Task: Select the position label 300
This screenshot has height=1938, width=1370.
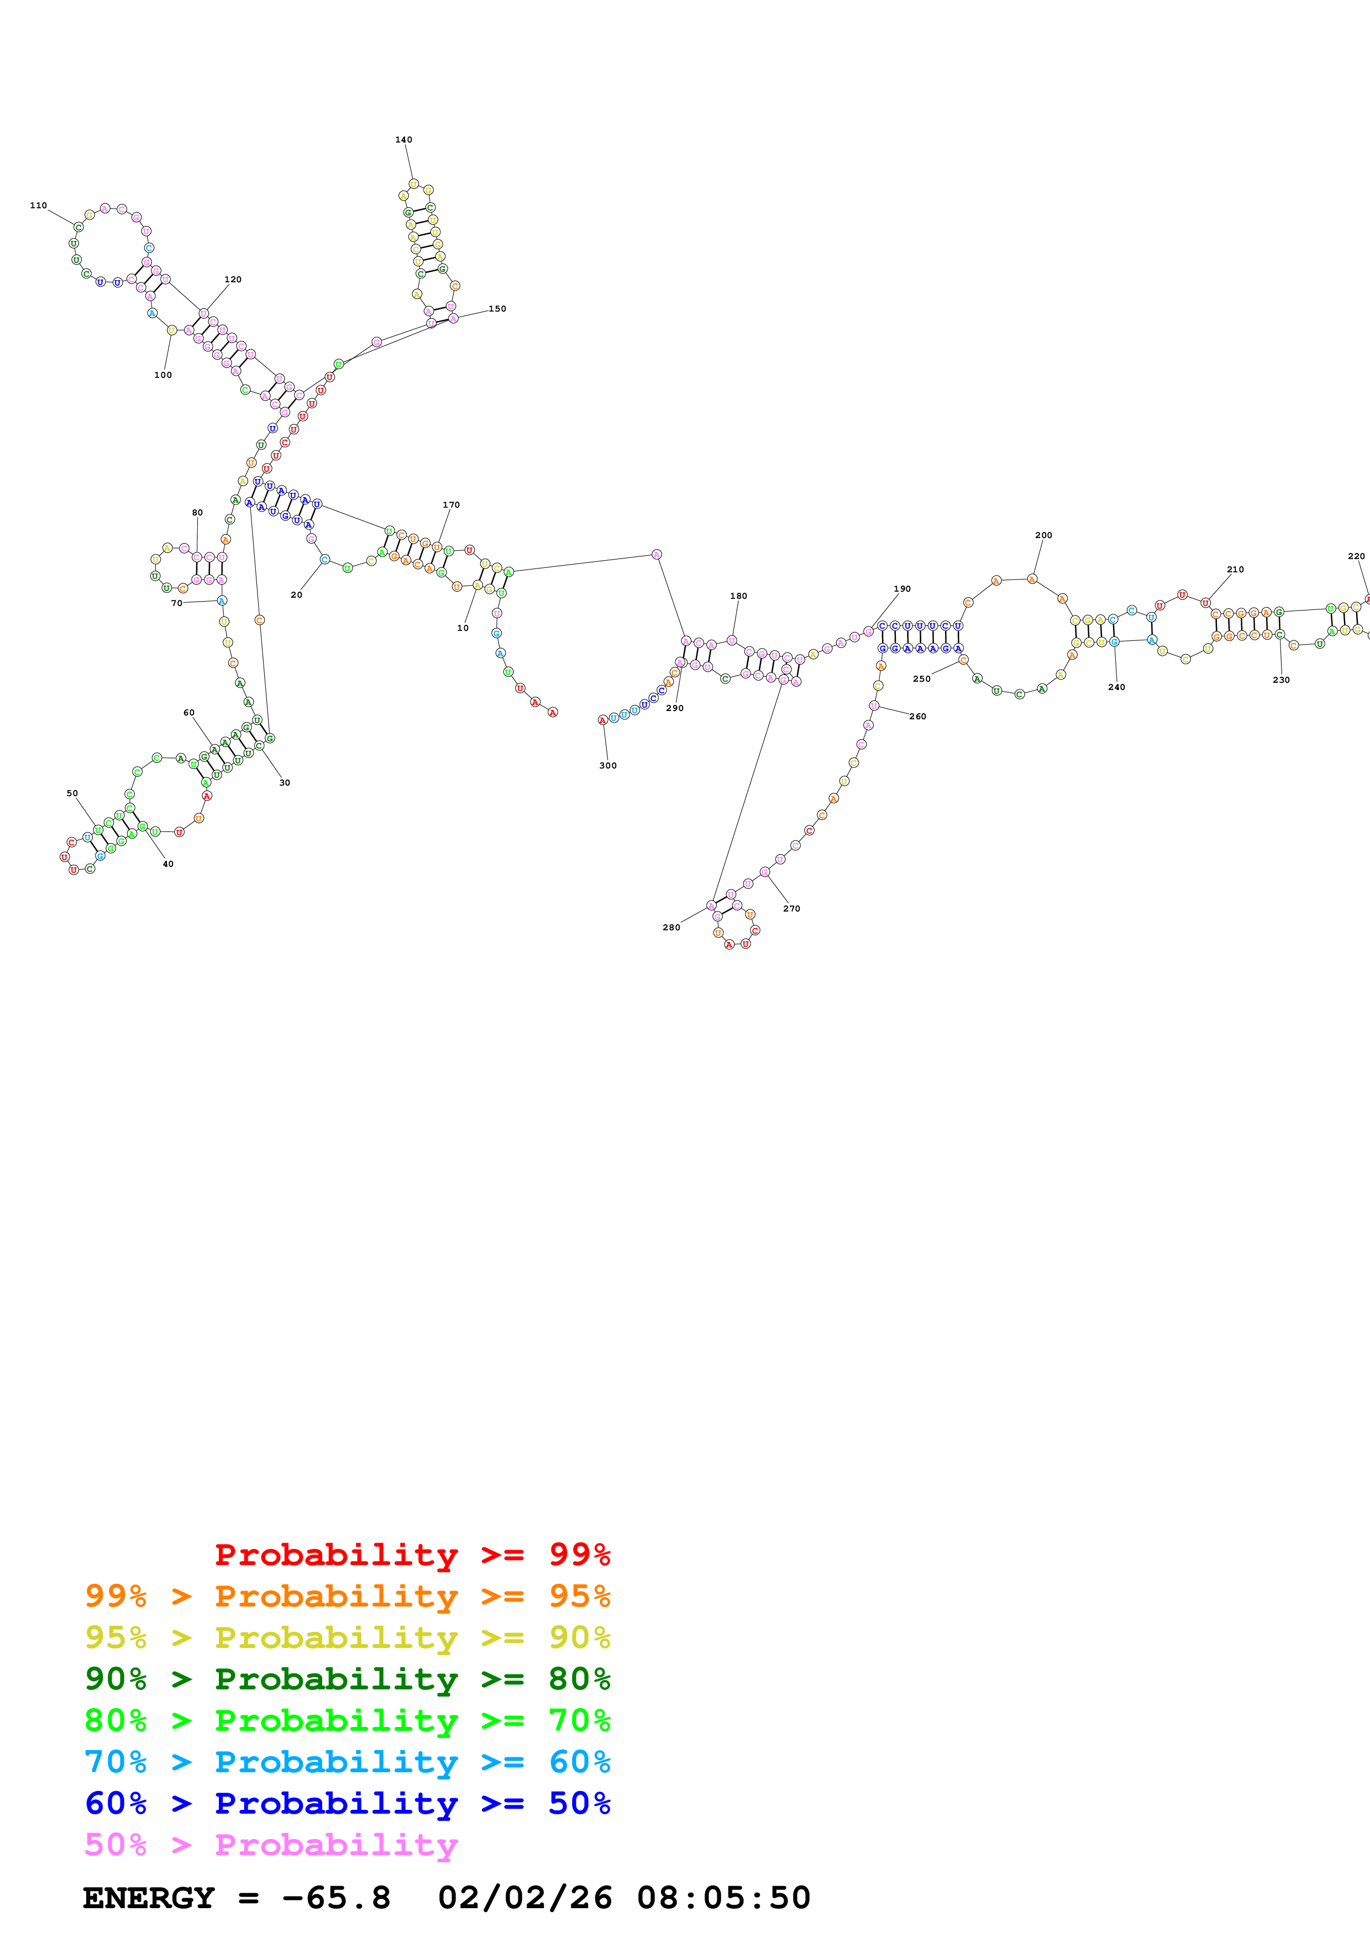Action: (608, 766)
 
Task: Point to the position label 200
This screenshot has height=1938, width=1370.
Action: (1043, 535)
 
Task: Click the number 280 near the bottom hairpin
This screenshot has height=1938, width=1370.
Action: (671, 928)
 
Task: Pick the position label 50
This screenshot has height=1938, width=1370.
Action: (72, 793)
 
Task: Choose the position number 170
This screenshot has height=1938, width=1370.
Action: (452, 505)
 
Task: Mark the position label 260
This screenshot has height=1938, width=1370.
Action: (917, 717)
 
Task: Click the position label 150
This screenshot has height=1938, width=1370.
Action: (497, 309)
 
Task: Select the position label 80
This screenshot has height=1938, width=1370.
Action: (197, 512)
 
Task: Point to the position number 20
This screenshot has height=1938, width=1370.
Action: (296, 595)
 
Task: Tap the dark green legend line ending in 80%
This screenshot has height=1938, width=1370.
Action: (347, 1679)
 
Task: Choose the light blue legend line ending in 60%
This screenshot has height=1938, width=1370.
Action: (347, 1762)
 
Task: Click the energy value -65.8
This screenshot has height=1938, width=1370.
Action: (336, 1898)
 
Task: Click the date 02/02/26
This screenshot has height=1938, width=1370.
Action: (524, 1898)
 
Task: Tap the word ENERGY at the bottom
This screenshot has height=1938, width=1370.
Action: (149, 1898)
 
